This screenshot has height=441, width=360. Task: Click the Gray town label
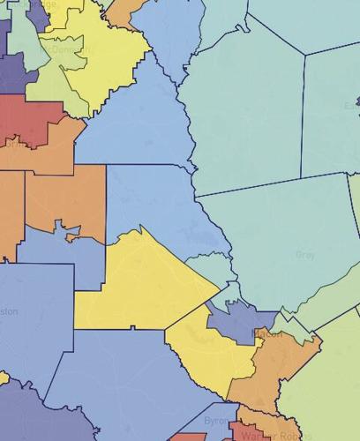point(305,254)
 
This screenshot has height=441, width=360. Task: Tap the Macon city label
point(266,333)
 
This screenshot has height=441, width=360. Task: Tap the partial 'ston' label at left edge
point(7,311)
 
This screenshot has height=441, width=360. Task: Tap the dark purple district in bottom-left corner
point(22,415)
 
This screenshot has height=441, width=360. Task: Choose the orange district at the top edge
point(124,13)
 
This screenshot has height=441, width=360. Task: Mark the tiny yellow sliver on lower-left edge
point(3,377)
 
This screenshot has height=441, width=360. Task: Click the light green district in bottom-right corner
point(331,379)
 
